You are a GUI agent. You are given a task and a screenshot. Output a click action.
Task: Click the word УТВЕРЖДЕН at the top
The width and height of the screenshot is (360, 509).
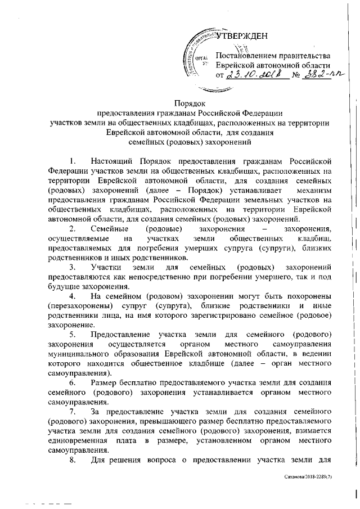click(x=242, y=38)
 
